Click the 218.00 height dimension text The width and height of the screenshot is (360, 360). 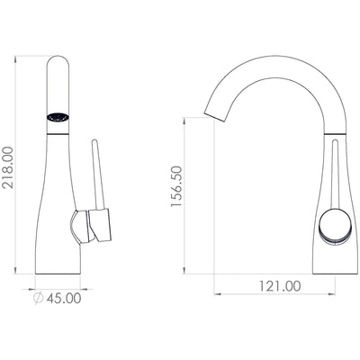tap(7, 167)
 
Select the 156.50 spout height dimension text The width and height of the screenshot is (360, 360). tap(176, 186)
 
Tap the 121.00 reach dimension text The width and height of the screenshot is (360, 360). tap(280, 286)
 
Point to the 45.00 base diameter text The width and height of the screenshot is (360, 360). tap(64, 298)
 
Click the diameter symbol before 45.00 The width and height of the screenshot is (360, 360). tap(38, 298)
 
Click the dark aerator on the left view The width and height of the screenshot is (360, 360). tap(58, 117)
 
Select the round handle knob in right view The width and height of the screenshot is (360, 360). tap(335, 224)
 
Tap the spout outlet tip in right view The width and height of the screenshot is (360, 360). tap(214, 117)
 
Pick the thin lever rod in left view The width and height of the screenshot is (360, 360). tap(98, 175)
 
